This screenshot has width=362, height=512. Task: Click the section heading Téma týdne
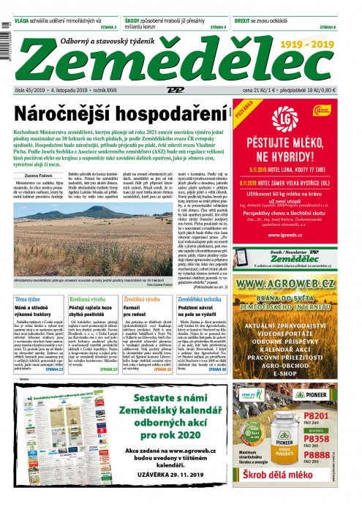pos(29,301)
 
